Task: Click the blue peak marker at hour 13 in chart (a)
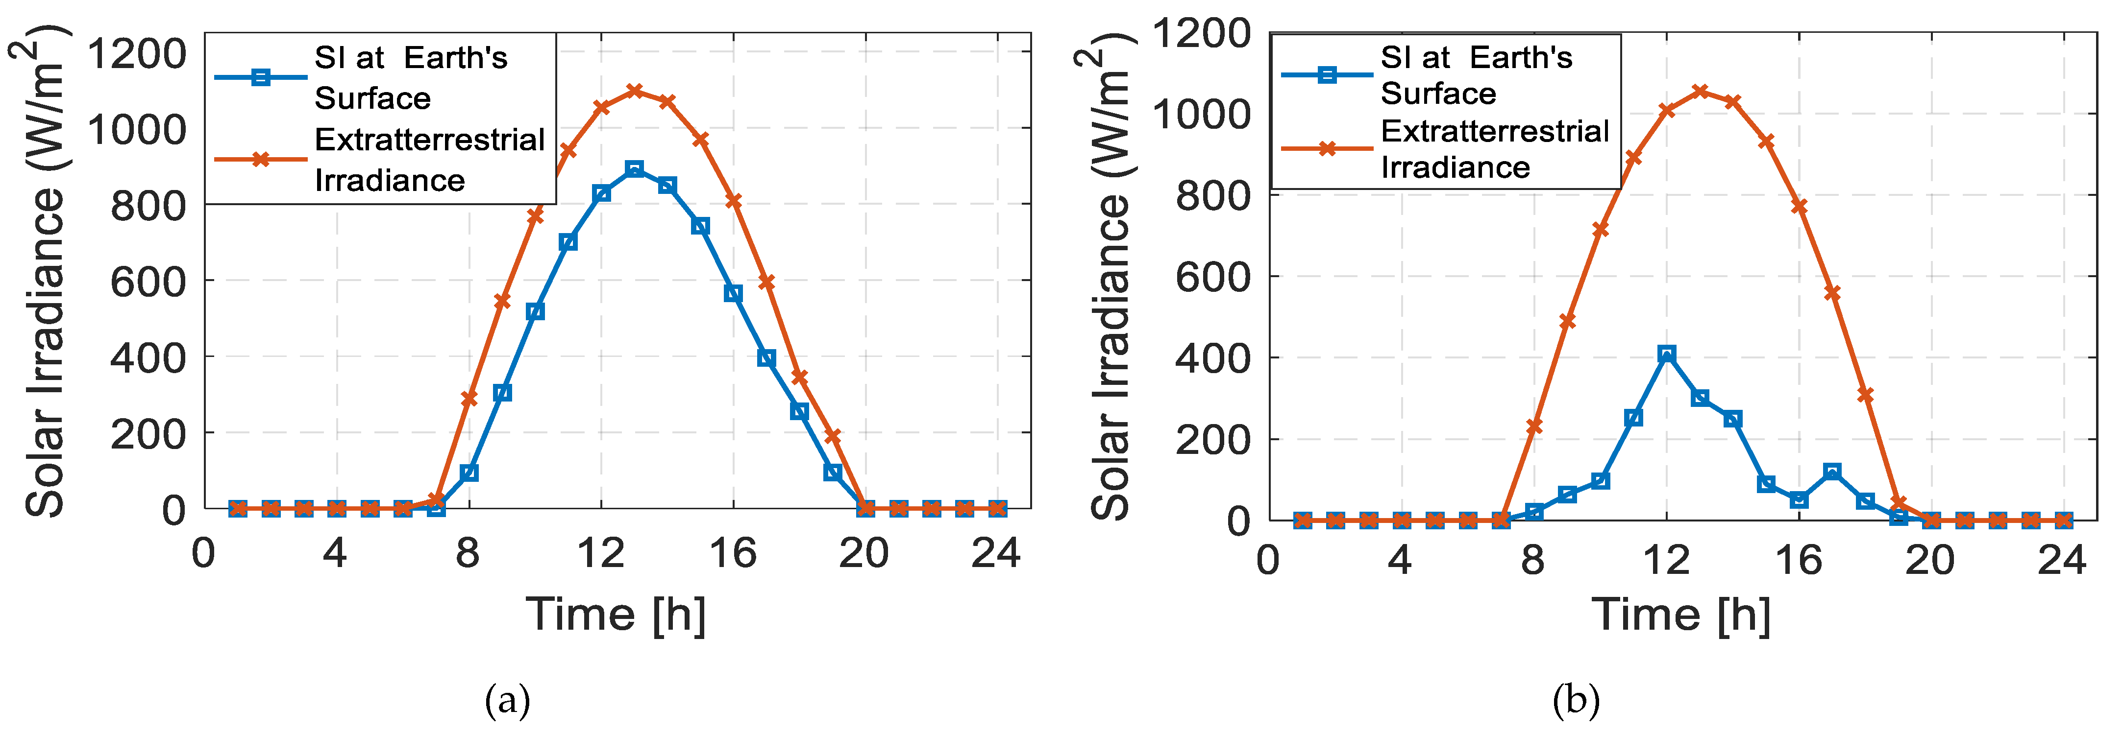click(x=634, y=169)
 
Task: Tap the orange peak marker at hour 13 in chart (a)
click(x=634, y=91)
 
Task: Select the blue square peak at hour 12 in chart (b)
click(x=1666, y=354)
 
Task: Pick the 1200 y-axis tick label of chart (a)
click(x=137, y=54)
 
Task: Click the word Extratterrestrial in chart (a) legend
click(x=429, y=140)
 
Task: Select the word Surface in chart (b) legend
click(x=1438, y=94)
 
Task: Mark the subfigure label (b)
click(x=1576, y=701)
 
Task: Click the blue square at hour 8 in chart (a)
click(x=469, y=473)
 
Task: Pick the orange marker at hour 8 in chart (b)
click(x=1534, y=426)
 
